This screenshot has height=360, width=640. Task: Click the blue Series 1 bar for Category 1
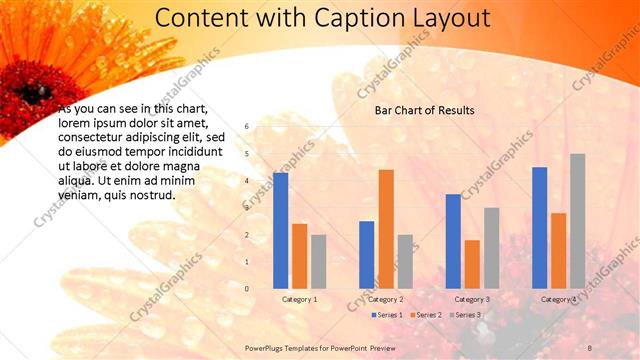[x=281, y=231]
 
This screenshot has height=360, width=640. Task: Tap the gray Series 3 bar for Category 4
[x=578, y=221]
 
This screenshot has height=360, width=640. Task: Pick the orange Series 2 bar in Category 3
[x=472, y=264]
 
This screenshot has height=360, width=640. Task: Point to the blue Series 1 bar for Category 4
[x=540, y=228]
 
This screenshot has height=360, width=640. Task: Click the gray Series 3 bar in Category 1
[x=319, y=262]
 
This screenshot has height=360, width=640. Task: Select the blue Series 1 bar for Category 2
[x=367, y=255]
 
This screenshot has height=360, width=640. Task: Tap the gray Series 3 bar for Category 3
[x=491, y=248]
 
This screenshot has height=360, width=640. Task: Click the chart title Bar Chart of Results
[x=424, y=110]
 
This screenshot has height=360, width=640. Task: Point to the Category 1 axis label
[x=300, y=299]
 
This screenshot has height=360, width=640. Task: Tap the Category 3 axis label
[x=472, y=299]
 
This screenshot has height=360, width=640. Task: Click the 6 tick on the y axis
[x=247, y=127]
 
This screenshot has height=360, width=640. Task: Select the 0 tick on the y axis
[x=247, y=289]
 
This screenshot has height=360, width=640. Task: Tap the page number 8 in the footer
[x=590, y=346]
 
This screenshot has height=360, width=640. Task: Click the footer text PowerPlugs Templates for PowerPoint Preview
[x=320, y=346]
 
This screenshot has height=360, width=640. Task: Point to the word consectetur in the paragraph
[x=91, y=137]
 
